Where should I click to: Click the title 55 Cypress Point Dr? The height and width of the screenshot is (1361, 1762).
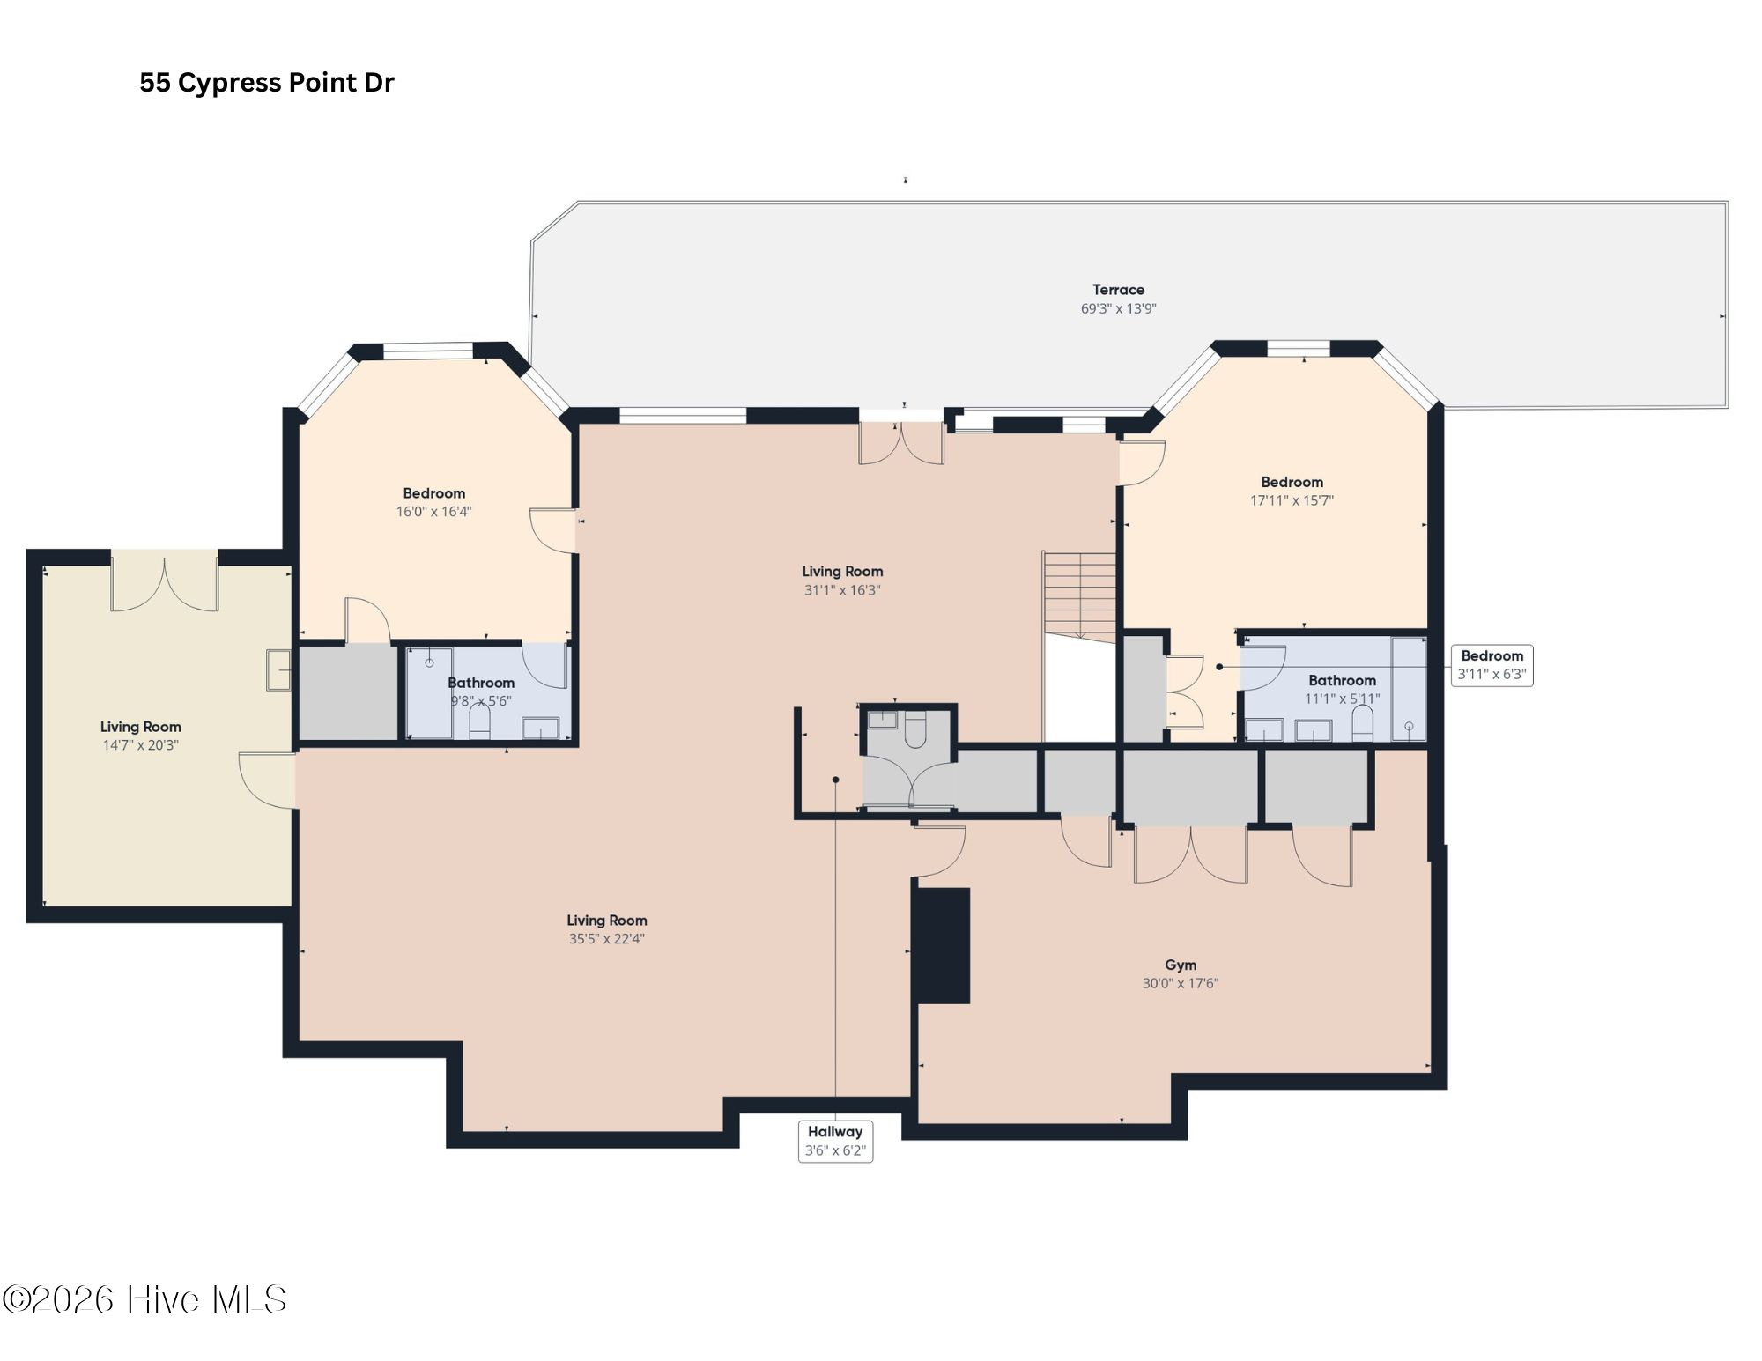click(266, 83)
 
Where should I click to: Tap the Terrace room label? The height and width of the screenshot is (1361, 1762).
click(1118, 290)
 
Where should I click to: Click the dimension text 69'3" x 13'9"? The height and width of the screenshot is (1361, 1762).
click(1118, 309)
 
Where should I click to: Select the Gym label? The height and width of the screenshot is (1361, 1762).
click(1180, 965)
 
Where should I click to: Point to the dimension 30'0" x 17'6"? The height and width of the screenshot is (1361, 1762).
click(1180, 984)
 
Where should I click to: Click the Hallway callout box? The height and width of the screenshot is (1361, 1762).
click(835, 1141)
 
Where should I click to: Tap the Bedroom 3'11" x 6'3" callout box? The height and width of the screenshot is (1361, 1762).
click(1492, 665)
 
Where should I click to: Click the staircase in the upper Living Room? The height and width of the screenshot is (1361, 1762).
click(1079, 595)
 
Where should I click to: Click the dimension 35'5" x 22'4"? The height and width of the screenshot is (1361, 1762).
click(606, 939)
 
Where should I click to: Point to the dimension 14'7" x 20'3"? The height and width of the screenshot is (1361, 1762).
click(140, 745)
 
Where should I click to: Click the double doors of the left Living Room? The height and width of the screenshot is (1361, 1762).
click(164, 583)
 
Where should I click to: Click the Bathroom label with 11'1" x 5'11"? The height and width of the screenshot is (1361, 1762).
click(1342, 681)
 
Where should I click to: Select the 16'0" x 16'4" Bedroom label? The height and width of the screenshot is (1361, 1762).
click(433, 494)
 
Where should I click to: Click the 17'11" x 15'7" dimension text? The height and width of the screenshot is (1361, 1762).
click(1292, 500)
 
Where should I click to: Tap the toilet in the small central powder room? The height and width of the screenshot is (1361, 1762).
click(915, 730)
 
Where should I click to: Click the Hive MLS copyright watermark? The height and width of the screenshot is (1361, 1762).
click(144, 1300)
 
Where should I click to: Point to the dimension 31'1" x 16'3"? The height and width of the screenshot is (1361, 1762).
click(842, 590)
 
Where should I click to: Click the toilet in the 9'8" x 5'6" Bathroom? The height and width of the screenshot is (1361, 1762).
click(479, 721)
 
